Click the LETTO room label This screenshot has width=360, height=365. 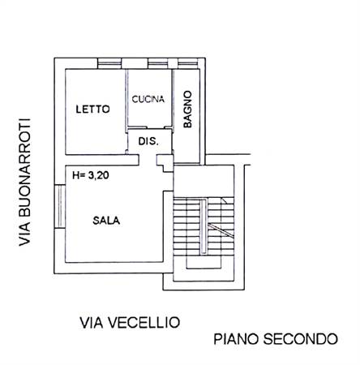point(92,109)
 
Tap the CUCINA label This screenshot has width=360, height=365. point(148,99)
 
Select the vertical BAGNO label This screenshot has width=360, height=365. point(187,109)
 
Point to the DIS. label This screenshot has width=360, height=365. point(148,141)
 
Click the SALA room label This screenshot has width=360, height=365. point(106,221)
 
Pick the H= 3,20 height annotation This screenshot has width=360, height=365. point(91,175)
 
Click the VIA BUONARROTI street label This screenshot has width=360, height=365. point(24,182)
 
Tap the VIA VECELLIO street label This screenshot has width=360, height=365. point(130,322)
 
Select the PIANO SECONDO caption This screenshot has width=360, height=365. point(276,339)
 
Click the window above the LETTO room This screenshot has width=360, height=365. point(109,63)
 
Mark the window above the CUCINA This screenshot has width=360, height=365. point(158,63)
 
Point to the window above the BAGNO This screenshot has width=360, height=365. point(188,63)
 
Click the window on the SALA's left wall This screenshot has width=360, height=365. point(60,207)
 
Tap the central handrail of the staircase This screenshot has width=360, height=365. point(204,226)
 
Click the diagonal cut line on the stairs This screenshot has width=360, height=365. point(221,230)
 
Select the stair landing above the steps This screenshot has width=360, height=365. point(204,181)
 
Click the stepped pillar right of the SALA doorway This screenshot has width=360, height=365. point(165,163)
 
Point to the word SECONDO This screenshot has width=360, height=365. point(301,339)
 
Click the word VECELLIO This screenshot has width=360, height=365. point(146,322)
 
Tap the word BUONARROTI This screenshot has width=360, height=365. point(24,168)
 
